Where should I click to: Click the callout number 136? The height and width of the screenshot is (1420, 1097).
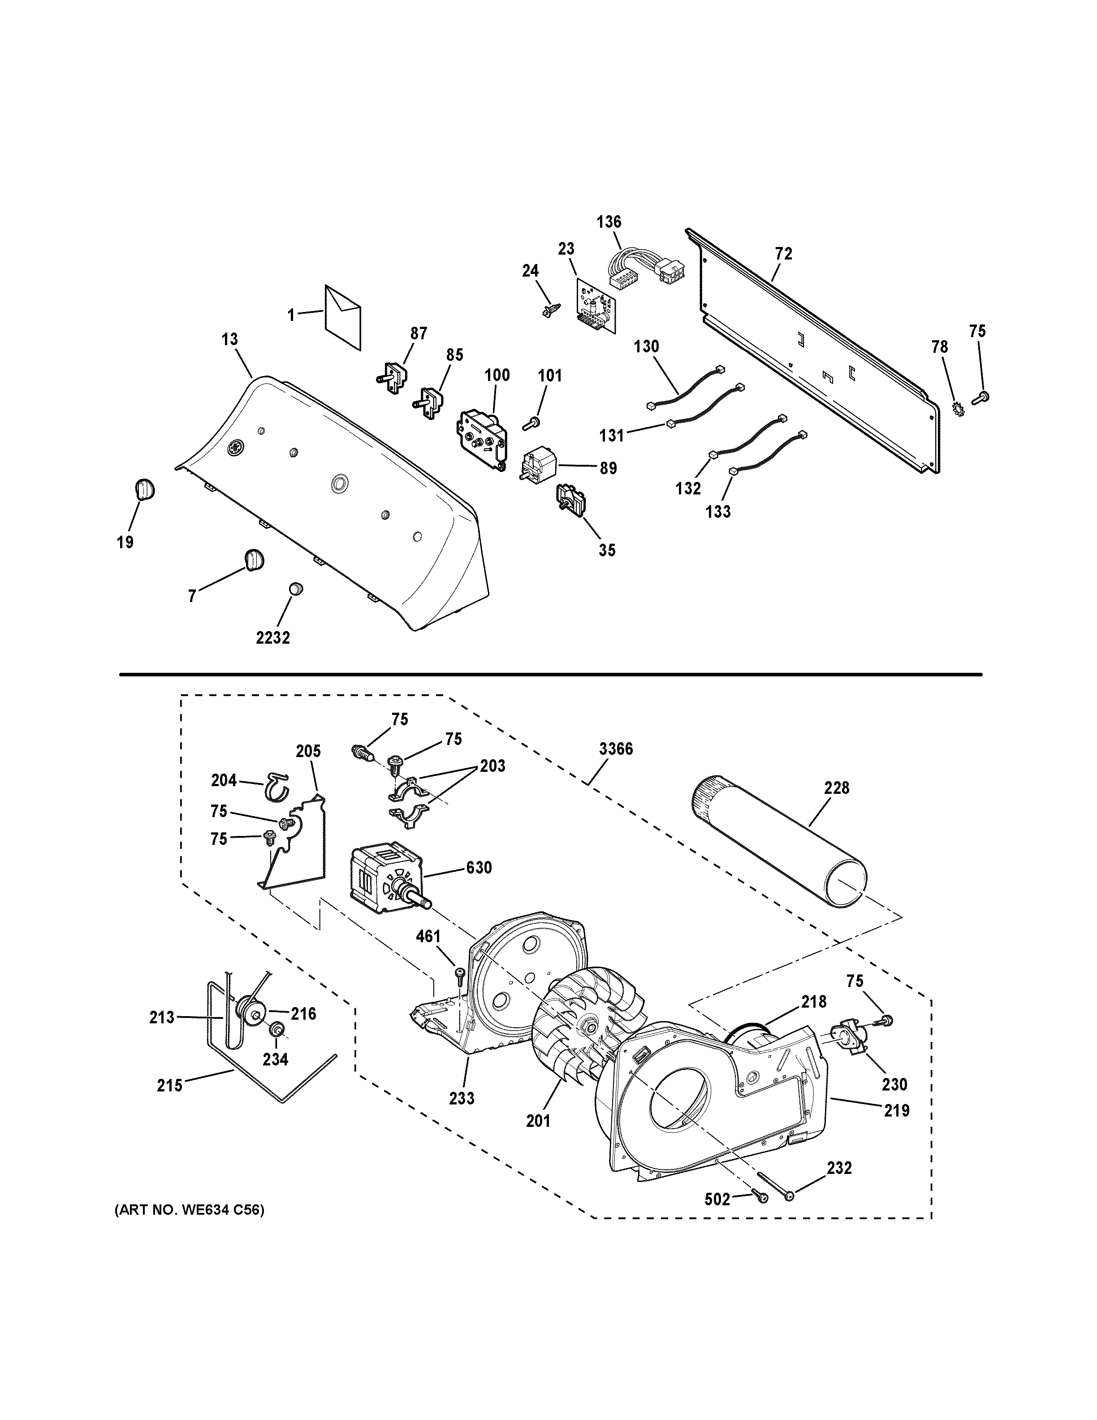(x=609, y=222)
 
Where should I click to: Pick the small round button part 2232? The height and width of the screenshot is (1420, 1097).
(x=296, y=589)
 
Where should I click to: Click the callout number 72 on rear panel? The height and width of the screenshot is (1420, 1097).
(x=784, y=254)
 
